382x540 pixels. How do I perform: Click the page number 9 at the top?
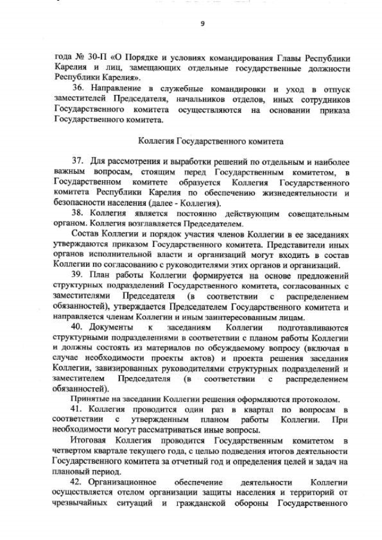pos(202,24)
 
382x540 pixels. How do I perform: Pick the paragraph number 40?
pos(78,328)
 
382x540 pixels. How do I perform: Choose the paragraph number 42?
pos(78,482)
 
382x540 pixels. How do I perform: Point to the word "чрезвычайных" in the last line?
pos(79,502)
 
